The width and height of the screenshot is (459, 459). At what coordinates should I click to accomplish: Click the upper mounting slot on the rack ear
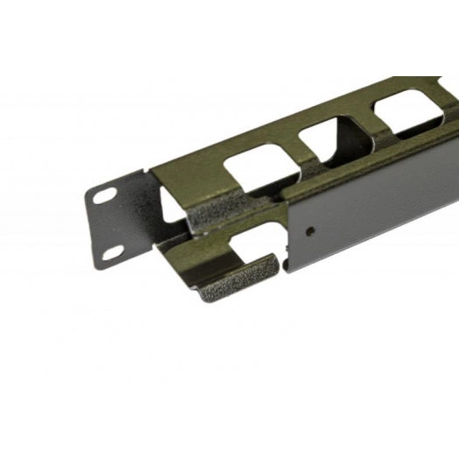pos(104,197)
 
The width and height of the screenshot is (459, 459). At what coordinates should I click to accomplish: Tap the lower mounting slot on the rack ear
pos(114,252)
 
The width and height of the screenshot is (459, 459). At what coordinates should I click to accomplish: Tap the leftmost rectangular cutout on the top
pos(255,170)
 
